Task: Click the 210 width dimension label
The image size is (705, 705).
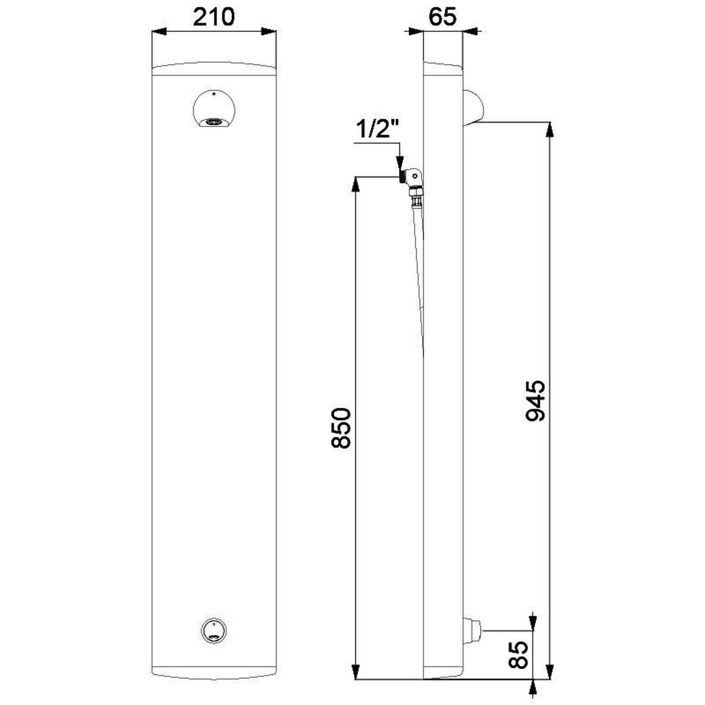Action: click(214, 17)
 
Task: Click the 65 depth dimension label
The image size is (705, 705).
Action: click(443, 17)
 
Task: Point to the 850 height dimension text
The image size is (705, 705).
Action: click(341, 428)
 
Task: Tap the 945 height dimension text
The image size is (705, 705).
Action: click(535, 401)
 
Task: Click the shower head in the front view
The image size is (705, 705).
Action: click(214, 109)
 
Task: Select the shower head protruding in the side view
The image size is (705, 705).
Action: click(473, 108)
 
